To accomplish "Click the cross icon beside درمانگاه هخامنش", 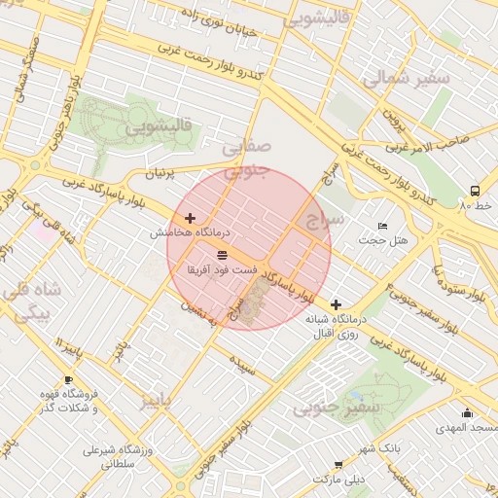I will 190,219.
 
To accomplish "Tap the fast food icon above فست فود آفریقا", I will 223,254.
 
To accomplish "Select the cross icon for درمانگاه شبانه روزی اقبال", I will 336,304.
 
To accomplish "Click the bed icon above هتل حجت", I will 382,226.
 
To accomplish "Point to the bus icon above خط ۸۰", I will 475,191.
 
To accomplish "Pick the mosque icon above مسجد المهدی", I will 467,413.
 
